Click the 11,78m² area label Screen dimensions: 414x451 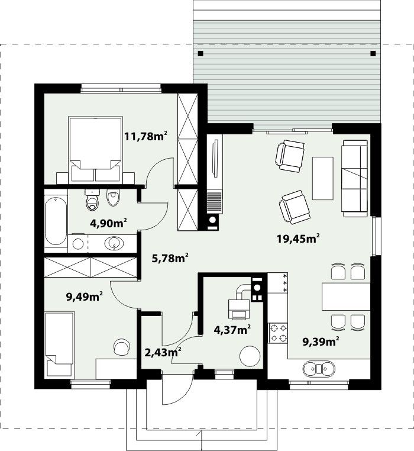145,136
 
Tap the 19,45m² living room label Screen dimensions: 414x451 299,238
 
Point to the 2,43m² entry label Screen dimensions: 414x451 163,352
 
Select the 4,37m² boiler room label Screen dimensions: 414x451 232,329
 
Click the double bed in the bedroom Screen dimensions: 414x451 95,149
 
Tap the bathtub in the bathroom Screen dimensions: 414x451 56,221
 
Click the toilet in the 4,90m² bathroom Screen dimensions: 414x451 92,199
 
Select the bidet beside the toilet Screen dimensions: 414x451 114,197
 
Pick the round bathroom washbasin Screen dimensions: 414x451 114,243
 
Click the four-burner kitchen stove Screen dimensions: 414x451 278,333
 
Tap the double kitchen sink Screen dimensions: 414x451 319,369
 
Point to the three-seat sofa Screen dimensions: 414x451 355,178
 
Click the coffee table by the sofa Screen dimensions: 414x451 323,178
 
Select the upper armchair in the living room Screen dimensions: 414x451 290,156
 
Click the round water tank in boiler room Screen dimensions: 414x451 250,356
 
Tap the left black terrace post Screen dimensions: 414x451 200,53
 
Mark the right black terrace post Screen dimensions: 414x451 373,53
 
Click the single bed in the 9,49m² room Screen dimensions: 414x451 60,344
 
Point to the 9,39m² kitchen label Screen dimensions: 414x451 321,342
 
